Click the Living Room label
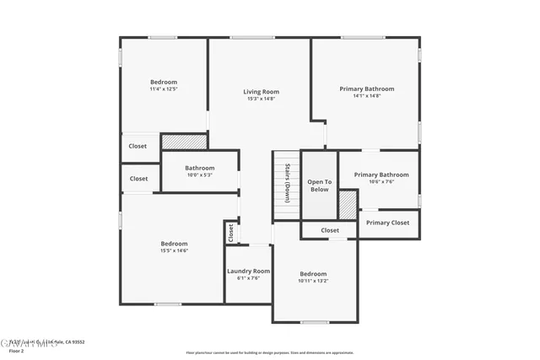[x=261, y=92]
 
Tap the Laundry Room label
[x=248, y=271]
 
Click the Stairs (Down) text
[x=287, y=182]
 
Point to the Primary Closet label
[x=388, y=223]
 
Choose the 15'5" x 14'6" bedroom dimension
[x=174, y=250]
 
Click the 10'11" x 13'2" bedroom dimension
[x=313, y=281]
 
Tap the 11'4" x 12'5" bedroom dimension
[x=164, y=89]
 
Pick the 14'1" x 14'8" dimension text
[x=367, y=96]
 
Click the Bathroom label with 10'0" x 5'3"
[x=200, y=168]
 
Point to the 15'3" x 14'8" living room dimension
[x=261, y=99]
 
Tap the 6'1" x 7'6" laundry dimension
[x=248, y=278]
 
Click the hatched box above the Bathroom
[x=178, y=142]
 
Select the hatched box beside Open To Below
[x=347, y=205]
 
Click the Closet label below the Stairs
[x=330, y=230]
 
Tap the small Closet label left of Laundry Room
[x=229, y=233]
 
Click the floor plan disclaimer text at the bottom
[x=269, y=352]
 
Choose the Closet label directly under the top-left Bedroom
[x=138, y=146]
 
